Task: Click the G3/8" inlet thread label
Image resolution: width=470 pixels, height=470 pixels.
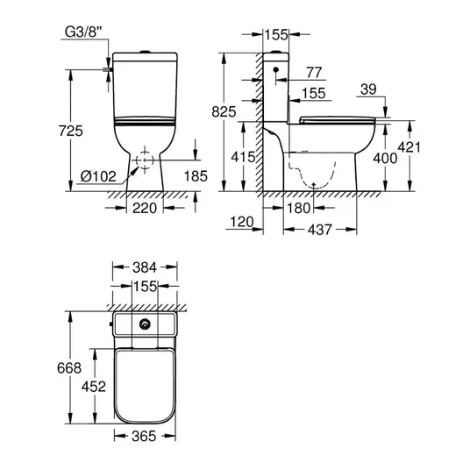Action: (x=82, y=32)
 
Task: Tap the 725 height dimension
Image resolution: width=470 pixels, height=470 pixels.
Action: (x=71, y=131)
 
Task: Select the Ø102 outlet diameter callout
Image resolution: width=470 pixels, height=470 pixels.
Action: (x=98, y=176)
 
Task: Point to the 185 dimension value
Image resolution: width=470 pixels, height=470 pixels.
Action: (x=196, y=176)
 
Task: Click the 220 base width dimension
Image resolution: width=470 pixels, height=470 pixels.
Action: (x=145, y=208)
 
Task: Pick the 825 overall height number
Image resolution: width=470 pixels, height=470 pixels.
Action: (x=224, y=112)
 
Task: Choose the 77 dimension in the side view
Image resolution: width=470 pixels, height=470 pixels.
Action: (x=314, y=72)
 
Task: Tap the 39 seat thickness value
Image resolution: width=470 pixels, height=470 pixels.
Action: (x=368, y=89)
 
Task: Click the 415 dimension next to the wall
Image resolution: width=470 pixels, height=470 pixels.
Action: (x=243, y=157)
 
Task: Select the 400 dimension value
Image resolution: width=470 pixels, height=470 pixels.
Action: (x=385, y=158)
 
